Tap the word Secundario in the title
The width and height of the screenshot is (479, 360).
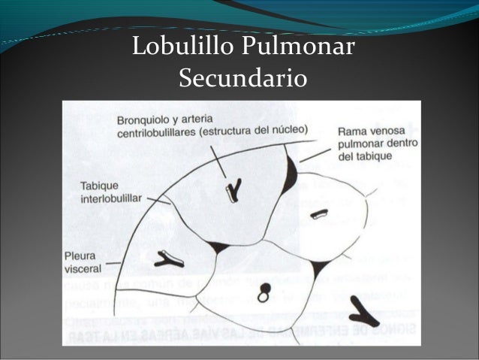click(240, 78)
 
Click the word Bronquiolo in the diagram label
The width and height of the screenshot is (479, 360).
click(143, 119)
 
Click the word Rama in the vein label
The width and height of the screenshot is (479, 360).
click(351, 129)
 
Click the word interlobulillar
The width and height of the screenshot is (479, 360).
click(111, 200)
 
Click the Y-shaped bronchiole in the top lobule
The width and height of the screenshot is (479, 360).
click(230, 189)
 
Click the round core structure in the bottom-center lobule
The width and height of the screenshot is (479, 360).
click(263, 296)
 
